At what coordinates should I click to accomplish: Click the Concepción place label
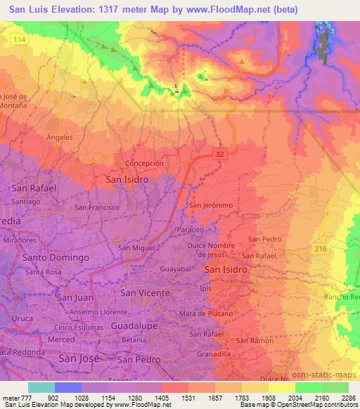(x=144, y=163)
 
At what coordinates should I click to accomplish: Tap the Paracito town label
(x=190, y=229)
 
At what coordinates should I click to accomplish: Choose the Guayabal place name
(x=176, y=269)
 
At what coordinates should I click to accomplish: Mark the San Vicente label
(x=145, y=292)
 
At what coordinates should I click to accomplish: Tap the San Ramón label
(x=253, y=340)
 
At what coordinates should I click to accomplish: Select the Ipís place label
(x=205, y=288)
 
